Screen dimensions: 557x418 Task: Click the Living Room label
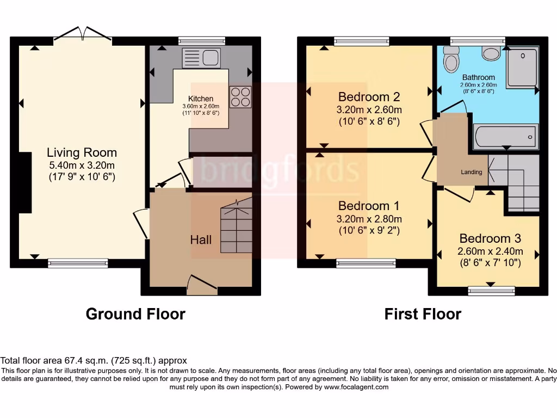coord(82,152)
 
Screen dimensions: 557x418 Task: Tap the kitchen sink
coord(201,58)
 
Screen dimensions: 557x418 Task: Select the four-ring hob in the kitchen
coord(240,97)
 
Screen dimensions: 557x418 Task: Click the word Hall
coord(201,240)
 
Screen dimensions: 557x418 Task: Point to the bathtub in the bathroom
coord(505,137)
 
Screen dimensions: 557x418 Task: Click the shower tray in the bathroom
coord(523,67)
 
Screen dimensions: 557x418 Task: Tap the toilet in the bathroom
coord(451,60)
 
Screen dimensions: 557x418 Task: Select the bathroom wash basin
coord(491,53)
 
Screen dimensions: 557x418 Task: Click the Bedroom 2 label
coord(369,97)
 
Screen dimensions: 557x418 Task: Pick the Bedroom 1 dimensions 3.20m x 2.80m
coord(369,219)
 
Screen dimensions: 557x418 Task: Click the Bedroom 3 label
coord(490,238)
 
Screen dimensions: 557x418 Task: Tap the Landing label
coord(472,172)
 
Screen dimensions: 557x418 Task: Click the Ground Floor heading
coord(135,314)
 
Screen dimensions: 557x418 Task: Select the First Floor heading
coord(423,314)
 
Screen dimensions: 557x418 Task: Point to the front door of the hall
coord(202,285)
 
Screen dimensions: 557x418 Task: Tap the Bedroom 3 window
coord(492,291)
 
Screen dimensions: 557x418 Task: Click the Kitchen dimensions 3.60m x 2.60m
coord(201,106)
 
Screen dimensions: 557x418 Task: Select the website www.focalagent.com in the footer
coord(356,387)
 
